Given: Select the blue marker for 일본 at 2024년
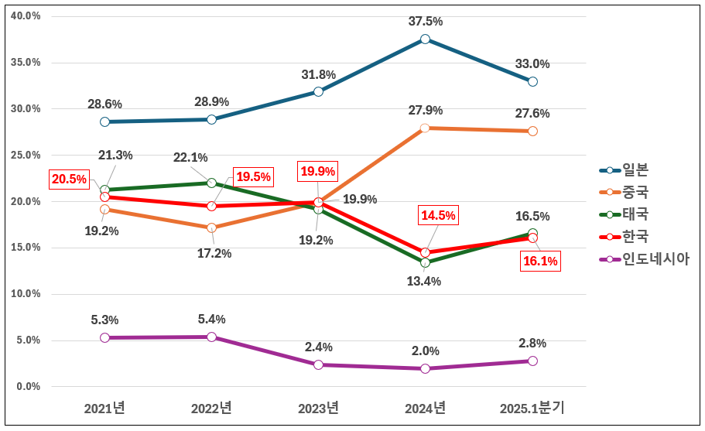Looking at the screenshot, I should click(x=425, y=39).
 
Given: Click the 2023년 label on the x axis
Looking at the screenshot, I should click(x=318, y=408).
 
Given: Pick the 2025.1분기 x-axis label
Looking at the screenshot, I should click(x=532, y=408).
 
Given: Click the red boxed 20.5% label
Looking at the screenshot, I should click(x=69, y=180).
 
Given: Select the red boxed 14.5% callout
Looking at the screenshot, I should click(x=438, y=216).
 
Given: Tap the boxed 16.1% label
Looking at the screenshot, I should click(x=539, y=261).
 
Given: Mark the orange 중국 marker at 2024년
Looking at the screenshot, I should click(x=425, y=128).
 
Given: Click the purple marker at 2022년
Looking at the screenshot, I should click(x=211, y=337).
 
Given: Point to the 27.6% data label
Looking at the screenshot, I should click(x=532, y=114).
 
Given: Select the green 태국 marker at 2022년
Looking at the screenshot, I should click(x=211, y=183).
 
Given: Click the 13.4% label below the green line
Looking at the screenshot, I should click(x=425, y=282).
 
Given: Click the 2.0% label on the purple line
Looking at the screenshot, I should click(x=425, y=351).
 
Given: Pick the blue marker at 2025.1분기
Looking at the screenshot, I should click(x=532, y=81).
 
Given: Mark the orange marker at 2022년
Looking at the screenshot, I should click(x=211, y=227).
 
